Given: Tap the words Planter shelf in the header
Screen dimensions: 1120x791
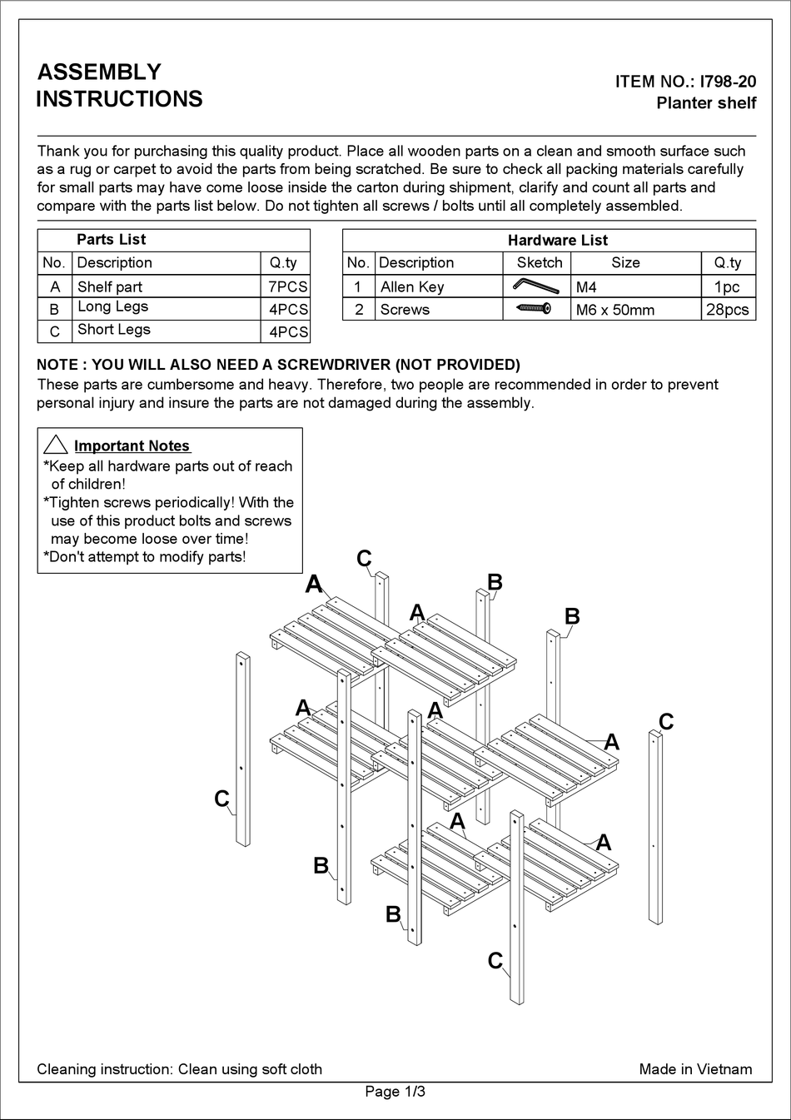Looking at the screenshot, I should point(706,103).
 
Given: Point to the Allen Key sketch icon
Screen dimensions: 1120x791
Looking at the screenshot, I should point(535,286).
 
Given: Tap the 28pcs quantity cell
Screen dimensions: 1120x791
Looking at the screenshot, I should point(728,310).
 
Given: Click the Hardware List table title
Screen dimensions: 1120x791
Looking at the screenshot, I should point(557,240).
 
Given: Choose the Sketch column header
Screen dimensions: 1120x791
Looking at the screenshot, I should point(540,262).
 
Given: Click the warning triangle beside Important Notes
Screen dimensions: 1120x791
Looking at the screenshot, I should point(55,445).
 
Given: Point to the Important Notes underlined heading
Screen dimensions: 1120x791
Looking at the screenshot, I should point(132,446).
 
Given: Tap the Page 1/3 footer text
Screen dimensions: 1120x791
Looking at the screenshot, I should point(395,1092).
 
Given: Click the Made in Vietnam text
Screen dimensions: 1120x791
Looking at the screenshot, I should point(695,1069).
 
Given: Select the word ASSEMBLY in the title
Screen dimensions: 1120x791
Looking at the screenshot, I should point(99,72).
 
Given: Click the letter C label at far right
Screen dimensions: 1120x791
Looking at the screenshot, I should point(666,721).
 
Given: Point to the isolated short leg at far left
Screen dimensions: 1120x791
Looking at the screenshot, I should point(242,749).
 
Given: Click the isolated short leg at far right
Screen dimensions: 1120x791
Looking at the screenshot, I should point(656,826).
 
